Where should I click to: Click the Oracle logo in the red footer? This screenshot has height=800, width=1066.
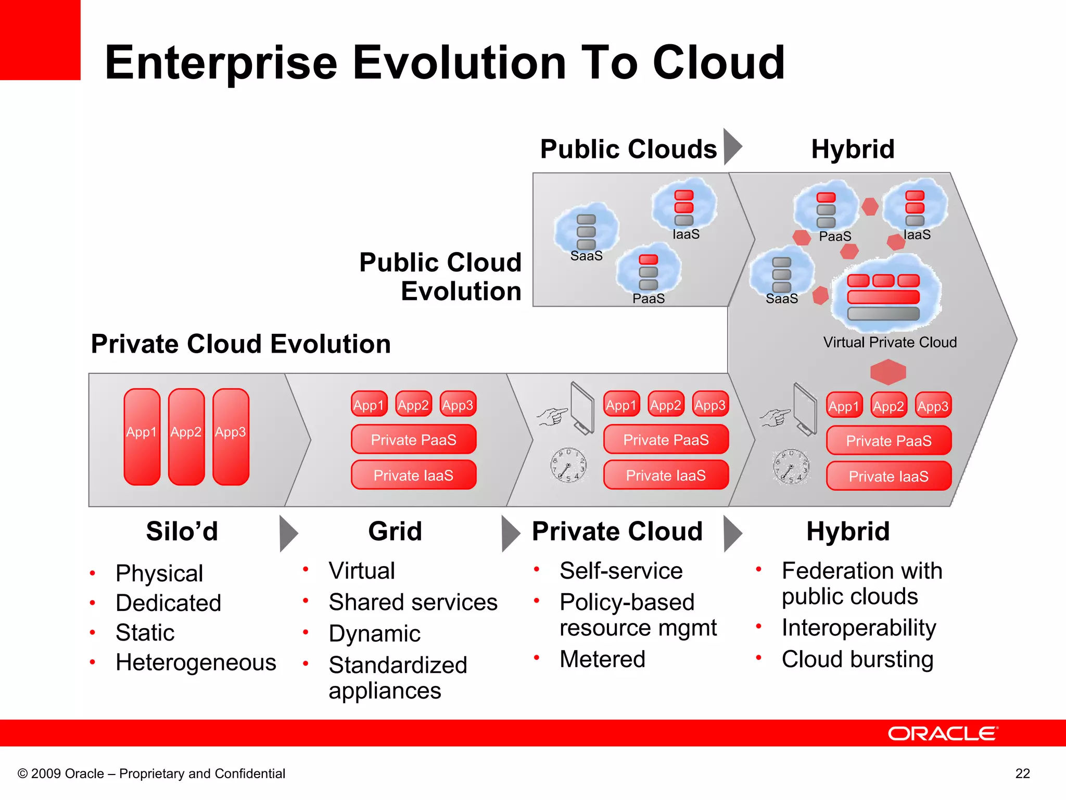(942, 733)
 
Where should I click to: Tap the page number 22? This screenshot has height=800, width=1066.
(1022, 773)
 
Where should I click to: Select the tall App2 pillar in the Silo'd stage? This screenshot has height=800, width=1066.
(186, 436)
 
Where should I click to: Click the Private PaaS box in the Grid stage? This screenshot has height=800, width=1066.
(413, 440)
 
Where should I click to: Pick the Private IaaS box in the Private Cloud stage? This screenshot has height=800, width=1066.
(666, 475)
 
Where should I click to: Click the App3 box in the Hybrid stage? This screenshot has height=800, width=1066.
(933, 406)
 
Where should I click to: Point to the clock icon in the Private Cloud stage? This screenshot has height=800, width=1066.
(568, 465)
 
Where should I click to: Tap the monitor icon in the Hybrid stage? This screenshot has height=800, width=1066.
(805, 408)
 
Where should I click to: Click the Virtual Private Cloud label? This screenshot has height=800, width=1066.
(890, 342)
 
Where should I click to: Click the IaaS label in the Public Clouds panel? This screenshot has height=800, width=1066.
(686, 234)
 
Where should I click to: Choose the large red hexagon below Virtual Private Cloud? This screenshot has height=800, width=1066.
(888, 371)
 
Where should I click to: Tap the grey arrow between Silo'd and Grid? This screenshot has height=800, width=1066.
(288, 533)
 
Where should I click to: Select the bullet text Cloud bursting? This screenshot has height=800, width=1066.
(857, 659)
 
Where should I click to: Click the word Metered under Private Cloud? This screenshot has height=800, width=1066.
(602, 659)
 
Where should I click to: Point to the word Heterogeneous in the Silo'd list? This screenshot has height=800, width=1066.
(196, 662)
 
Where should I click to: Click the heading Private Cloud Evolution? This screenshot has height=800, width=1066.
(240, 344)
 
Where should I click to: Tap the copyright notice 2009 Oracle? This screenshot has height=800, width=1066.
(151, 773)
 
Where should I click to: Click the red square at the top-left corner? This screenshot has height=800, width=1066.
(40, 40)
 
